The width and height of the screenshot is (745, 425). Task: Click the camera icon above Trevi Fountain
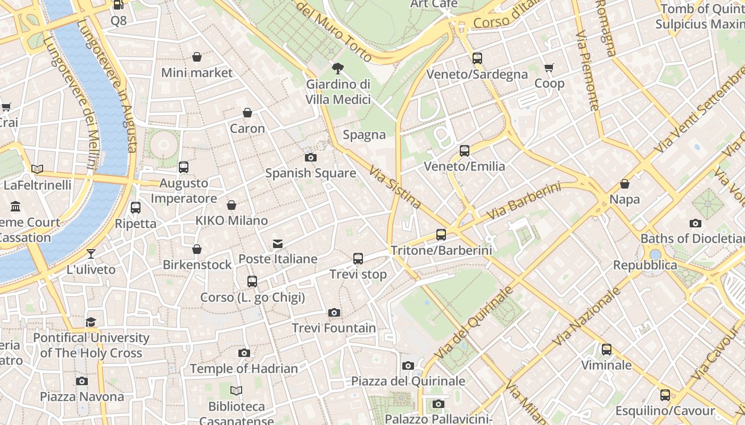(x=334, y=312)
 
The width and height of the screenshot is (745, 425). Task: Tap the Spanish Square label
(x=311, y=173)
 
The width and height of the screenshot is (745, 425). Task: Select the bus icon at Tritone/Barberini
(x=441, y=234)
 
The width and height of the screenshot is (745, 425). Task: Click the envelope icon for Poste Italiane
(x=278, y=244)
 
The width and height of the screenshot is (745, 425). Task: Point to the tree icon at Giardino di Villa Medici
(x=337, y=68)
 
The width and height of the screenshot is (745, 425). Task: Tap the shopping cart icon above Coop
(x=549, y=67)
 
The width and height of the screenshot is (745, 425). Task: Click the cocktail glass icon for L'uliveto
(x=91, y=254)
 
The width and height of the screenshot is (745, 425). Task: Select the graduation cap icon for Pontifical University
(x=91, y=322)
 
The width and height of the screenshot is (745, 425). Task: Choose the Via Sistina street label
(x=395, y=188)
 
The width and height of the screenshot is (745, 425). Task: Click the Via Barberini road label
(x=524, y=201)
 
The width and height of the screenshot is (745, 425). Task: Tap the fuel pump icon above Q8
(x=119, y=5)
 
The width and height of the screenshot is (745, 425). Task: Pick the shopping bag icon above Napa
(x=625, y=184)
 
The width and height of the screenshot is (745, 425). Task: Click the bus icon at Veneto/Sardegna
(x=477, y=58)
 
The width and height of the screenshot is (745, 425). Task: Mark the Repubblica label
(x=645, y=265)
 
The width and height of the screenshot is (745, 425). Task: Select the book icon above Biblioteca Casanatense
(x=236, y=391)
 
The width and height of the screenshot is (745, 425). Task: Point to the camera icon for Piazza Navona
(x=82, y=381)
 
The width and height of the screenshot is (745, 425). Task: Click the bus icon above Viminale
(x=607, y=350)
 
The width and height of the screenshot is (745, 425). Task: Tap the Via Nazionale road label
(x=587, y=316)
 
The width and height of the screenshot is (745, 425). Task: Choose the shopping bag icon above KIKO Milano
(x=231, y=205)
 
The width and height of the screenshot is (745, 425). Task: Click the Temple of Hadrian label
(x=244, y=368)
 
